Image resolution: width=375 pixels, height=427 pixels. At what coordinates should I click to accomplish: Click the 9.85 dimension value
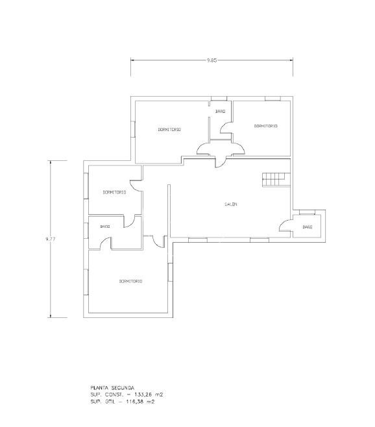pos(212,60)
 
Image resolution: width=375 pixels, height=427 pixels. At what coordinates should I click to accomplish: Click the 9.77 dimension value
pos(51,239)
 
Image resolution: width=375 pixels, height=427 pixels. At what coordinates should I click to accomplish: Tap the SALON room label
pos(231,204)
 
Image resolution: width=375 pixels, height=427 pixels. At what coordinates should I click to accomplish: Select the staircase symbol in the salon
pos(276,180)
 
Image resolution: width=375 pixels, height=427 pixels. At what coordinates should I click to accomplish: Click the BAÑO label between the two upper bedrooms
pos(221,112)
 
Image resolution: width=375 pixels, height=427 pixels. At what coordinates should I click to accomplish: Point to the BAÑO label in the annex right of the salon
pos(307,227)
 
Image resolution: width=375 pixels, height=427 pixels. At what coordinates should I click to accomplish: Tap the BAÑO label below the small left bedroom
pos(105,226)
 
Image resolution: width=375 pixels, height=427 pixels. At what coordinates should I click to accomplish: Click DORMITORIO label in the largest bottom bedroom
pos(130,281)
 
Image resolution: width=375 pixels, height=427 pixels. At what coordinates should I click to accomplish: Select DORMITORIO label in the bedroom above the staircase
pos(266,126)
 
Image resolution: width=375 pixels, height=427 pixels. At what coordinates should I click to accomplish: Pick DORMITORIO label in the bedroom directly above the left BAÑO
pos(115,192)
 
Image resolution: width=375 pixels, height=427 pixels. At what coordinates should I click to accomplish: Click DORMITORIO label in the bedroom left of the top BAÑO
pos(169,130)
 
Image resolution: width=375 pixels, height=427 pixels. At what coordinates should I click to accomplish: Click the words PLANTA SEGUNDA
pos(112,387)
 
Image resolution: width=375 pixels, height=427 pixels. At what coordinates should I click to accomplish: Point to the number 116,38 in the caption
pos(135,402)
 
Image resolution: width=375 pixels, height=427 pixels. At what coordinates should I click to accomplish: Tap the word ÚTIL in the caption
pos(109,401)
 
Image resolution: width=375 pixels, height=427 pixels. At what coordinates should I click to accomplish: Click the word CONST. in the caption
pos(114,395)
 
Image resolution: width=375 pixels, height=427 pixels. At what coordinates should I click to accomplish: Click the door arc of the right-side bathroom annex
pos(284,225)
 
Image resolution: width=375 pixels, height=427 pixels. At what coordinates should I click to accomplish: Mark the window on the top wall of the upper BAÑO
pos(219,99)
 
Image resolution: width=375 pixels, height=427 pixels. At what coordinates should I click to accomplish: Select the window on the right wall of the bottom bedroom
pos(170,272)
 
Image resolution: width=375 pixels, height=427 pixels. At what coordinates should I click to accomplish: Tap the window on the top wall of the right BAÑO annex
pos(307,212)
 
